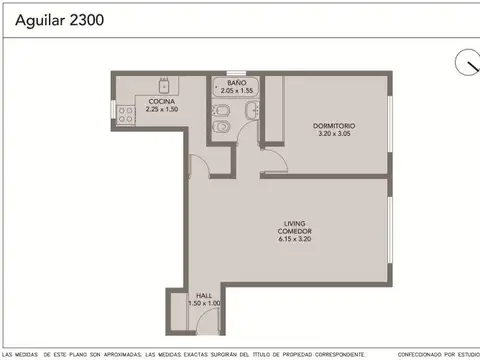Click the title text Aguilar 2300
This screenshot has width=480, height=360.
50,19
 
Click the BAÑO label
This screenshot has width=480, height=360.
236,82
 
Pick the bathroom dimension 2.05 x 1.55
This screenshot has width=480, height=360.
236,89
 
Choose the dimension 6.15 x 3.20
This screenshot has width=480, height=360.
294,240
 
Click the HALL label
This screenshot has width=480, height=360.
204,295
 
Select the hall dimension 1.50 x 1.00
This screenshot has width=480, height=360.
204,302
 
